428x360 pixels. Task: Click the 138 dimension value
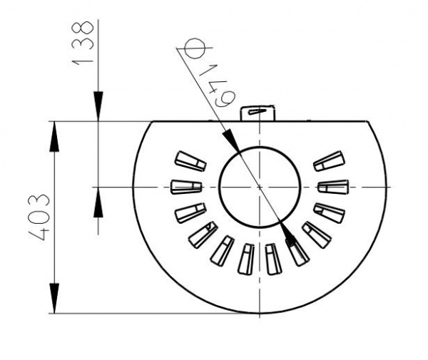[x=83, y=43]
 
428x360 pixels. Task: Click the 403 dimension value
[x=39, y=217]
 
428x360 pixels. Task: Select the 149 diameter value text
[x=218, y=86]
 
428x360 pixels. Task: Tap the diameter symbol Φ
[x=194, y=48]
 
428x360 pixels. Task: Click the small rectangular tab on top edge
[x=258, y=113]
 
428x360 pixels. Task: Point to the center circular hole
[x=260, y=187]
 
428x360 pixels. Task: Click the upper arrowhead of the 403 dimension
[x=54, y=136]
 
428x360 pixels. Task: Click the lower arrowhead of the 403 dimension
[x=54, y=299]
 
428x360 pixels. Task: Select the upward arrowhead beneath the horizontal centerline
[x=98, y=202]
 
